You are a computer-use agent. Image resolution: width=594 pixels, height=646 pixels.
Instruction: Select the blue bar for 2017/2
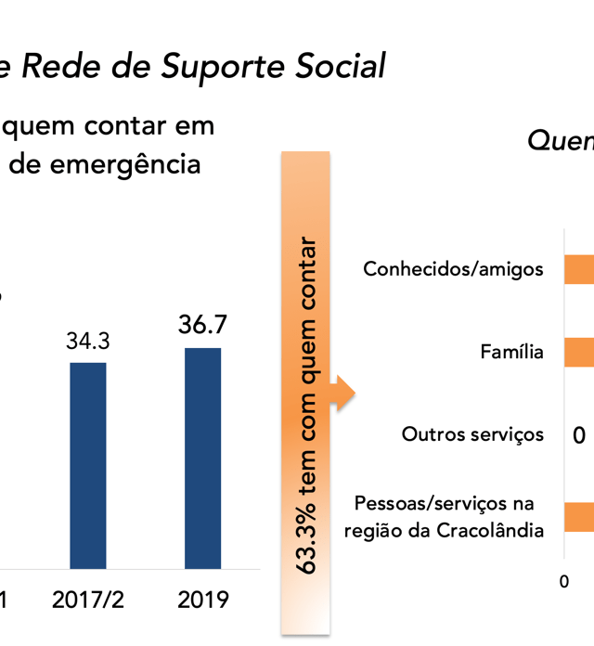[88, 464]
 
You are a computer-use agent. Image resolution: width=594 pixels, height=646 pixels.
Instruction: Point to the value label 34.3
[88, 341]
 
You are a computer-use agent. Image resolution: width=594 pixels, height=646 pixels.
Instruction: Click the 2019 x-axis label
[203, 599]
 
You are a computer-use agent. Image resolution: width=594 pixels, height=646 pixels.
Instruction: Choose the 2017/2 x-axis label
[88, 599]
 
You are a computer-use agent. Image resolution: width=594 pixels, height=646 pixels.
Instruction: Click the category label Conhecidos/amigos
[453, 269]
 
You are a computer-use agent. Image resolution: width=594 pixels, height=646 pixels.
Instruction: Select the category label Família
[511, 352]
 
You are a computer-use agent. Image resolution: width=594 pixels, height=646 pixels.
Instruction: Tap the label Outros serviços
[472, 433]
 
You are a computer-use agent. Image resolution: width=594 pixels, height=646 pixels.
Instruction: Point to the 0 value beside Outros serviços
[578, 434]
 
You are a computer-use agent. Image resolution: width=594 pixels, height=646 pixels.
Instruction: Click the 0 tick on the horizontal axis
[563, 581]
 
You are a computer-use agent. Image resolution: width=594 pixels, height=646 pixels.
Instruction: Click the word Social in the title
[338, 66]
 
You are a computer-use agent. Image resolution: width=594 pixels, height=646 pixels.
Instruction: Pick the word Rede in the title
[57, 66]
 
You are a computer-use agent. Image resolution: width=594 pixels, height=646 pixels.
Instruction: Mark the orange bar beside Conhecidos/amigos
[579, 269]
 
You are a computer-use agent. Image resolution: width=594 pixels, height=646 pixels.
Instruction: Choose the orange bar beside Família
[579, 352]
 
